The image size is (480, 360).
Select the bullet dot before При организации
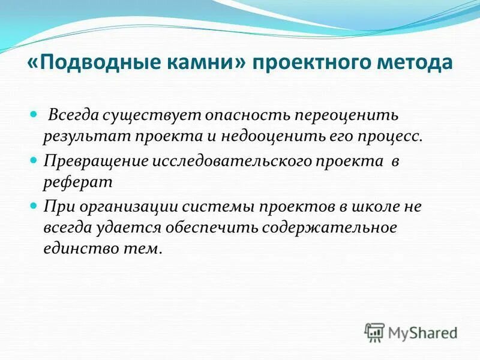point(34,206)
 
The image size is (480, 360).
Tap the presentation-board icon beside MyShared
point(374,331)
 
